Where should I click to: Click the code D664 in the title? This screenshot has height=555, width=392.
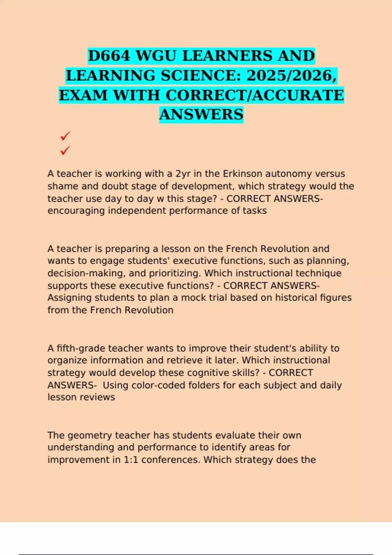click(x=109, y=56)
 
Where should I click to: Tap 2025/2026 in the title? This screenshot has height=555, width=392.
click(x=291, y=75)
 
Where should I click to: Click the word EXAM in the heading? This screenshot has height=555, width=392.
click(x=82, y=95)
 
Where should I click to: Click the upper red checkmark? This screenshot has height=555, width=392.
click(x=65, y=136)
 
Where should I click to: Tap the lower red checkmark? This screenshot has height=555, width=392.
click(x=65, y=151)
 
